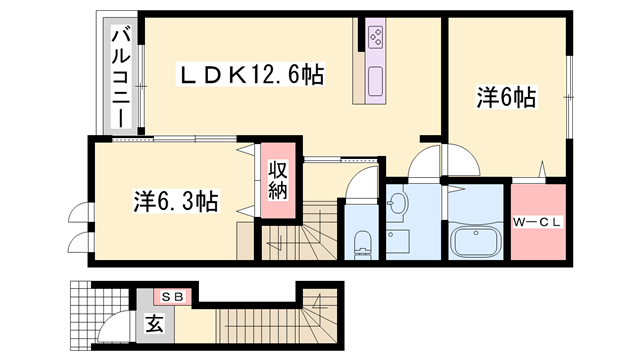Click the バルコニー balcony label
click(119, 76)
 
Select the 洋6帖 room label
click(506, 97)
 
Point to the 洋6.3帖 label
click(176, 201)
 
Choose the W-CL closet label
click(538, 221)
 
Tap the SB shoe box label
click(173, 296)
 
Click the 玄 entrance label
click(155, 323)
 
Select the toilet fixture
click(363, 240)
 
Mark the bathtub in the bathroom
click(476, 241)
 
